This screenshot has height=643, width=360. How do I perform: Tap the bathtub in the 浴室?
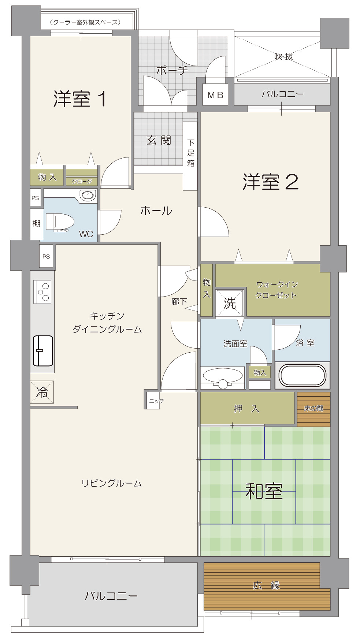[x=303, y=375]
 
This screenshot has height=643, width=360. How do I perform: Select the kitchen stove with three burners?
[x=42, y=292]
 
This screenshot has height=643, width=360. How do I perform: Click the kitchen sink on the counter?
[x=43, y=351]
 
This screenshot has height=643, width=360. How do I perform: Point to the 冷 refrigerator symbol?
[x=42, y=392]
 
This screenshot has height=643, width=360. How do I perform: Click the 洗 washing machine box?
[x=230, y=303]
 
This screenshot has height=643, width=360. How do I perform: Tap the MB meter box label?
[x=215, y=95]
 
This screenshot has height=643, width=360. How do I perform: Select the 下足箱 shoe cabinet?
[x=190, y=156]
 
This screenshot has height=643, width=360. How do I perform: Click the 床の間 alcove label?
[x=314, y=408]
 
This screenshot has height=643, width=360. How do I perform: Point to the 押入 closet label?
[x=247, y=409]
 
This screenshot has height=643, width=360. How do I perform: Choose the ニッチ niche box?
[x=153, y=401]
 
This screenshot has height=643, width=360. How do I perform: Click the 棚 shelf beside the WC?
[x=36, y=224]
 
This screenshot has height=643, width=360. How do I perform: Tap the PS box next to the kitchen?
[x=46, y=256]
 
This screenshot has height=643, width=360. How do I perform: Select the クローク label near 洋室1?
[x=82, y=181]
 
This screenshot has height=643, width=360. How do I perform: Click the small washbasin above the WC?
[x=88, y=195]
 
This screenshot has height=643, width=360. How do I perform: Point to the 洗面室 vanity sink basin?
[x=223, y=376]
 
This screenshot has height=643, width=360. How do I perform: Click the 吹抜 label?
[x=284, y=56]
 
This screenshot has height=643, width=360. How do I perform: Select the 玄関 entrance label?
[x=159, y=140]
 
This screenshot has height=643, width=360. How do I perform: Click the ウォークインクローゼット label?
[x=277, y=290]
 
